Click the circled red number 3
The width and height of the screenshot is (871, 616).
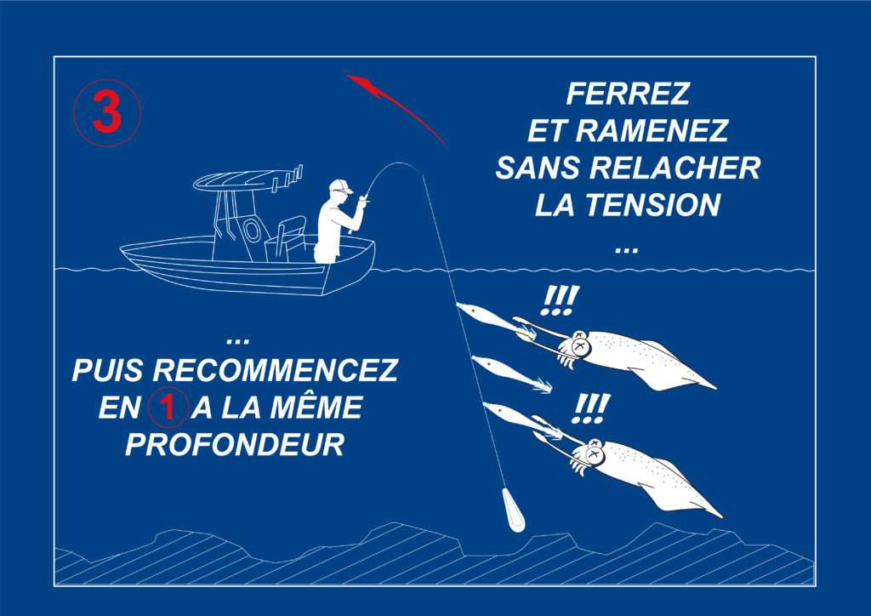[x=106, y=113]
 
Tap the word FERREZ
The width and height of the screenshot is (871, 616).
[x=628, y=94]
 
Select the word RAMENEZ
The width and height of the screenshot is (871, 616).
[x=652, y=130]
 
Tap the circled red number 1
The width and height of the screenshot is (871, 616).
[x=168, y=408]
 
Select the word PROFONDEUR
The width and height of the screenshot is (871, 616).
[x=235, y=445]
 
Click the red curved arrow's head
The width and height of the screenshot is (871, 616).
[x=361, y=83]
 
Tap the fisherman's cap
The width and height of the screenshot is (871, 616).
[x=340, y=185]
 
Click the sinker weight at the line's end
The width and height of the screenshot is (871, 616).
[x=513, y=510]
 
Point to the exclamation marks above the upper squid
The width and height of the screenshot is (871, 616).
[x=560, y=300]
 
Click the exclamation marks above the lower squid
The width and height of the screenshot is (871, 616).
[x=592, y=408]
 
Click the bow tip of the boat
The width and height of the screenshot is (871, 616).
[x=123, y=248]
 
